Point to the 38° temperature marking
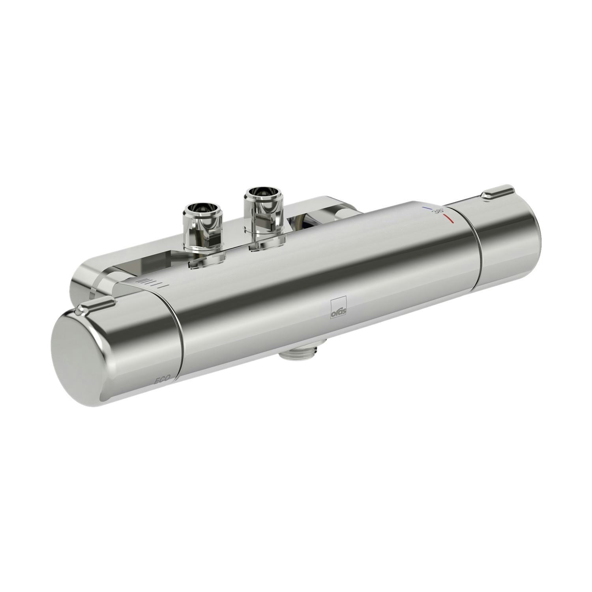coord(438,211)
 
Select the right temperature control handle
coord(509,241)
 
